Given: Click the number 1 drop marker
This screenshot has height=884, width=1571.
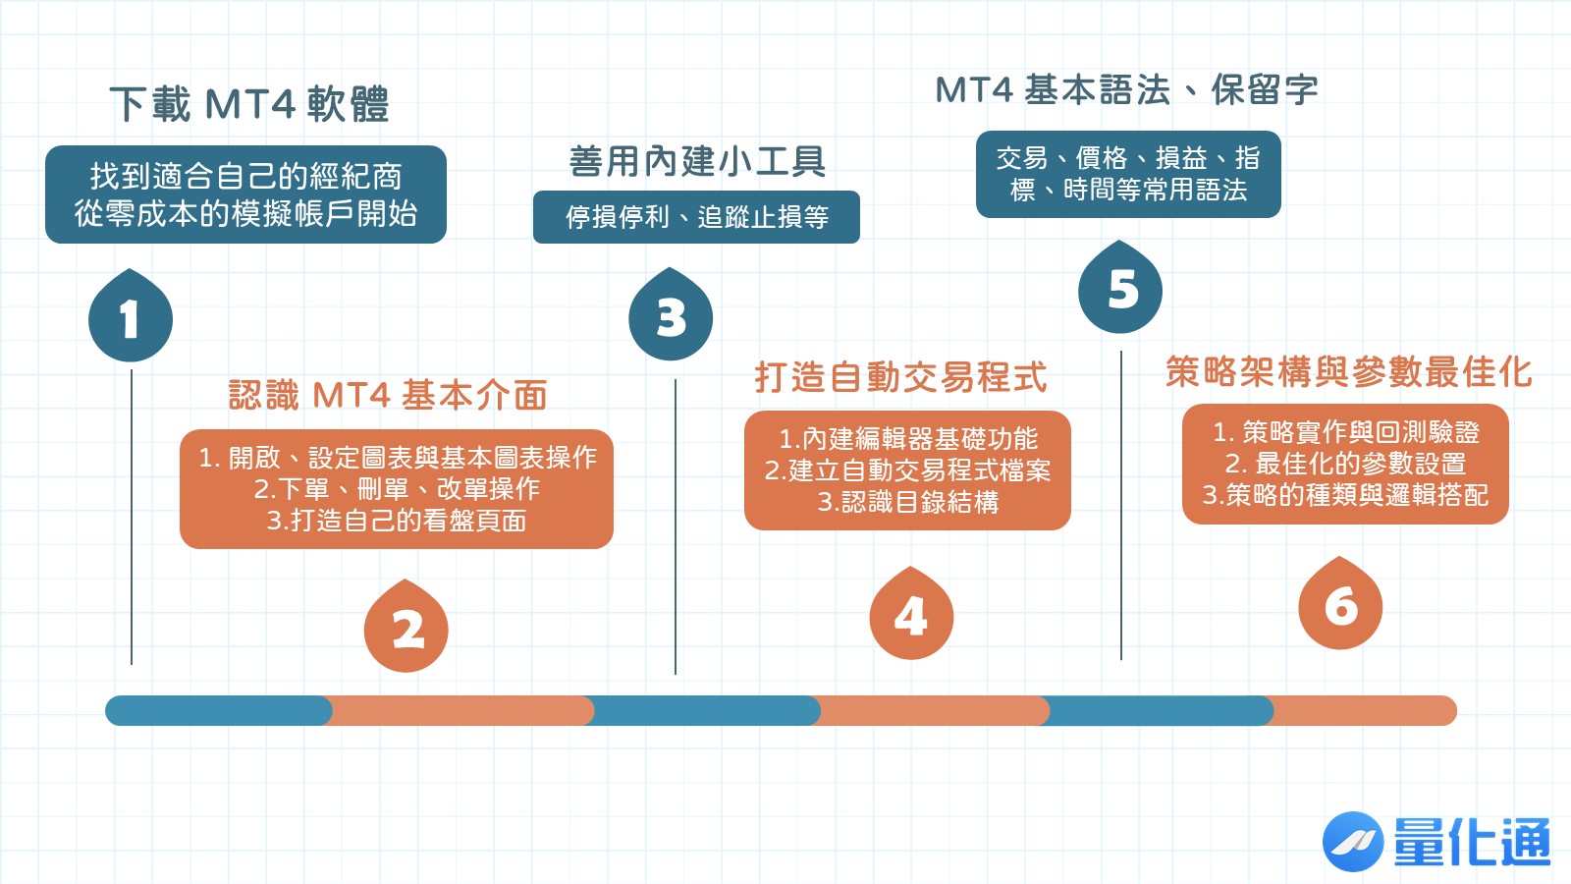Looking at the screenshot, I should click(x=131, y=318).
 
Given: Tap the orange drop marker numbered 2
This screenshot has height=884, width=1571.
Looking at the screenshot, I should click(x=406, y=629).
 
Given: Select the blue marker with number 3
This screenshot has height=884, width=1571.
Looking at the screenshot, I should click(x=671, y=317).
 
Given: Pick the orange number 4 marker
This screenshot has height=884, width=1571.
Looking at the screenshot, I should click(x=911, y=616).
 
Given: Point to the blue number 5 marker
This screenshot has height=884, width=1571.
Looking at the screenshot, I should click(x=1120, y=290).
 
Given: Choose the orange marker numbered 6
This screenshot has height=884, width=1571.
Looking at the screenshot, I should click(x=1340, y=606).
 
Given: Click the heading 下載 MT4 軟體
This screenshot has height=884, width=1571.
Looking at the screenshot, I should click(x=249, y=104).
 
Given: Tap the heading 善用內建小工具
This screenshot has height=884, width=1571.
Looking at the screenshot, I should click(x=697, y=161).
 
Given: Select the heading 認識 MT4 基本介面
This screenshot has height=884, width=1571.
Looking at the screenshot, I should click(x=388, y=395).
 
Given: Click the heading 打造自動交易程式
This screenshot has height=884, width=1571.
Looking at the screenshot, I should click(x=900, y=376).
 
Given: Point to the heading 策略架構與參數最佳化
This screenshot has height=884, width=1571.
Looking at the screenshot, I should click(x=1348, y=371).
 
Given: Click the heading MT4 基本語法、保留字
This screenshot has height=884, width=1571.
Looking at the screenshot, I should click(x=1126, y=90).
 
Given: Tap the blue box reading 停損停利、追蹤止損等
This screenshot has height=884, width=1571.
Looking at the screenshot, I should click(x=696, y=217).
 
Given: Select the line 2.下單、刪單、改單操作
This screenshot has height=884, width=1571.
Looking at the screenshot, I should click(x=397, y=488).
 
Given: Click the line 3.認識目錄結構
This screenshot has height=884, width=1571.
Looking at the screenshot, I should click(x=908, y=502).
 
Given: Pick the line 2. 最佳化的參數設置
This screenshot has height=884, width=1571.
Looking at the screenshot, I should click(x=1345, y=463).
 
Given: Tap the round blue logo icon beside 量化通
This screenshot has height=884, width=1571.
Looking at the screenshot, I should click(x=1352, y=842).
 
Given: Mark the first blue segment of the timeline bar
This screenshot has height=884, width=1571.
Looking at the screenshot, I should click(x=218, y=710).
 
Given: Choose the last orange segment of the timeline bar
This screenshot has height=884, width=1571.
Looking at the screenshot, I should click(x=1363, y=710).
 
